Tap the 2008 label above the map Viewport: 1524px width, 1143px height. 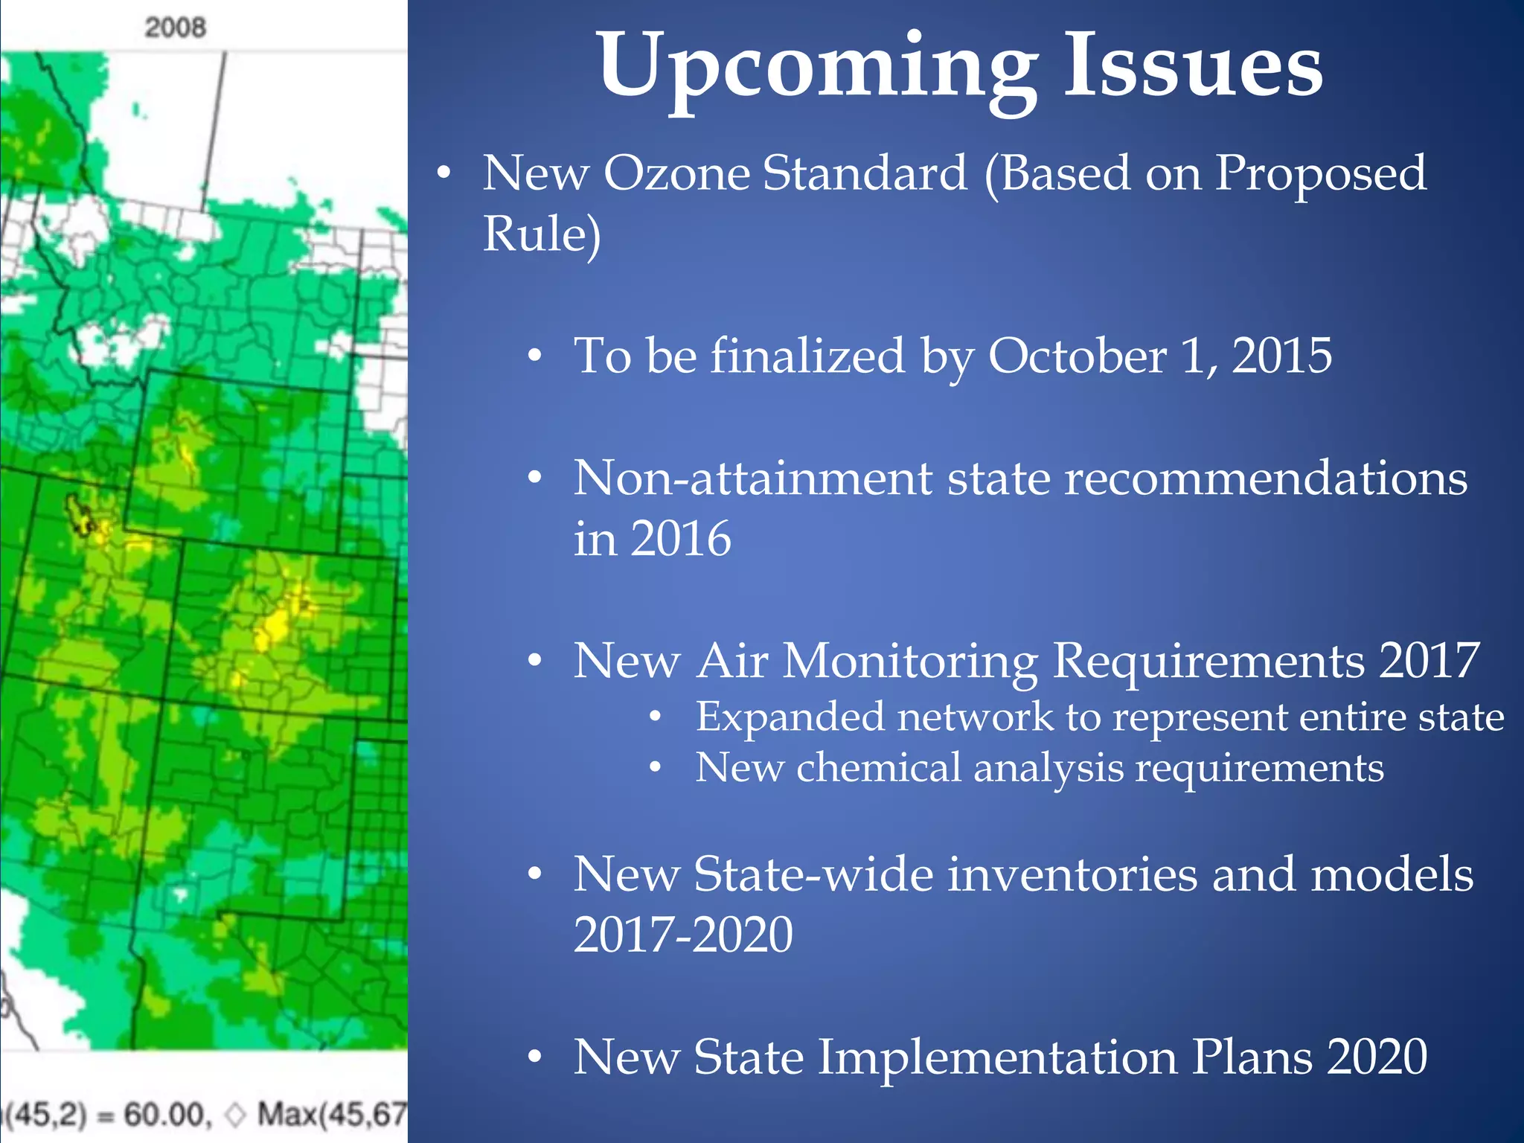(175, 28)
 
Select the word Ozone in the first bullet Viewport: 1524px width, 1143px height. (676, 173)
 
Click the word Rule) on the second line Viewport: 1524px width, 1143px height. (542, 234)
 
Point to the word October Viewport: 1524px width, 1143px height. (1077, 356)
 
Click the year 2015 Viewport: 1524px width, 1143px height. (1281, 356)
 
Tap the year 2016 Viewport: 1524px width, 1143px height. (681, 539)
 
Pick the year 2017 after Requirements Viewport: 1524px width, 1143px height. (1429, 661)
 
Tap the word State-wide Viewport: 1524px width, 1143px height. (813, 874)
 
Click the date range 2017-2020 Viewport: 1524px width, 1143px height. (683, 935)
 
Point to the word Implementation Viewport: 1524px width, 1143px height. (997, 1057)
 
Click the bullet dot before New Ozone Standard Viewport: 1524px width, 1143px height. (444, 174)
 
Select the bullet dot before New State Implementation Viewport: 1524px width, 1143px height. (534, 1057)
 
